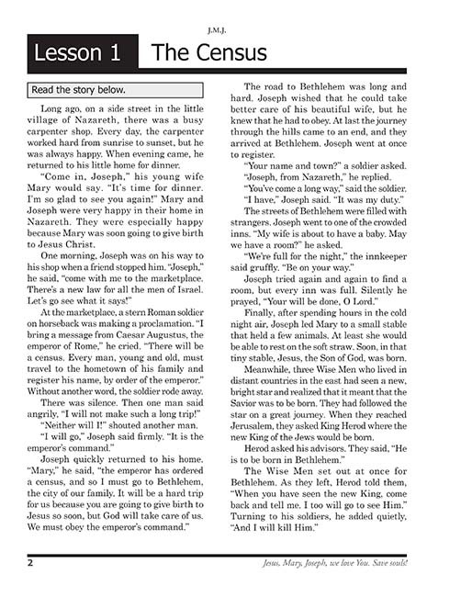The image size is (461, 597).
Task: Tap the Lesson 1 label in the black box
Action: (77, 54)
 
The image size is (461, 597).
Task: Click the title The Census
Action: (209, 54)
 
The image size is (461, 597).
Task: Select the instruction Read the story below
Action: (79, 90)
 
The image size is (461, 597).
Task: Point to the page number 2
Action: (30, 562)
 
